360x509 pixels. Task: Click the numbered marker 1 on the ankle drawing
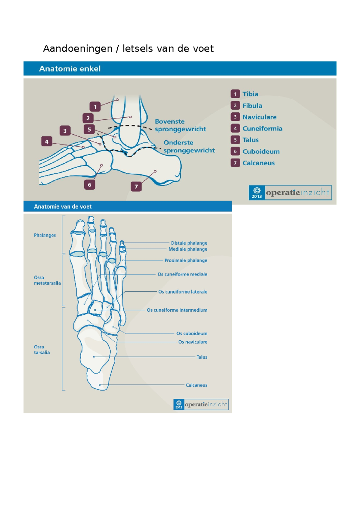(95, 107)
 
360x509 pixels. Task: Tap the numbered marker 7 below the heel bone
(136, 186)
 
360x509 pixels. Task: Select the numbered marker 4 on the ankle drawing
(46, 141)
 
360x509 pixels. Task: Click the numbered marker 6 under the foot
(89, 185)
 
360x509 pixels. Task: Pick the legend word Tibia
(250, 94)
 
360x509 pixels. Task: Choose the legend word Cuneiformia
(262, 128)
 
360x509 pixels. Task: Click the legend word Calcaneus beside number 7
(259, 163)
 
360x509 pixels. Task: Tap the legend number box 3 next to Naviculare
(235, 117)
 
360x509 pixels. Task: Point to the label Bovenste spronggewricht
(180, 125)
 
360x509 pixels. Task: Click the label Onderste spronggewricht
(189, 146)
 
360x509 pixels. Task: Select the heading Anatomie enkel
(70, 68)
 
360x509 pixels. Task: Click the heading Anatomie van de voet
(62, 206)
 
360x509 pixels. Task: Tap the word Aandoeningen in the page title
(78, 49)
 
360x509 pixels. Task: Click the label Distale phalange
(189, 243)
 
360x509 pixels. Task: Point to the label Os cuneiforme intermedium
(177, 310)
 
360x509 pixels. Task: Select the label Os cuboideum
(192, 333)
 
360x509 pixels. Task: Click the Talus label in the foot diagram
(202, 357)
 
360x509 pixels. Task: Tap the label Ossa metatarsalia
(47, 280)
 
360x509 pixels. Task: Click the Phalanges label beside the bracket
(45, 235)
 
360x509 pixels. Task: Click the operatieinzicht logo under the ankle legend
(290, 192)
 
